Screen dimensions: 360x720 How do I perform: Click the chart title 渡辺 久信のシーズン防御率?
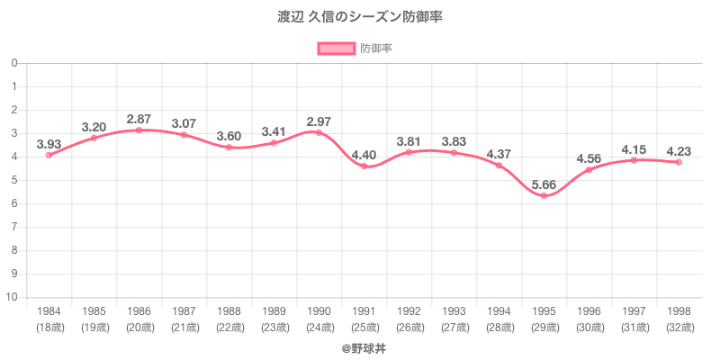360,16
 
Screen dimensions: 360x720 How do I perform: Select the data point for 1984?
49,155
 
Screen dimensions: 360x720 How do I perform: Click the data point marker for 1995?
544,195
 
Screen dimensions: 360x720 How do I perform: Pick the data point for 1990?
319,132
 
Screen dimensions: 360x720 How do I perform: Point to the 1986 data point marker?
139,130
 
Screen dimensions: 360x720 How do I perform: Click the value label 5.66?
544,186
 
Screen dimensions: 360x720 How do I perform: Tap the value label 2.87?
139,119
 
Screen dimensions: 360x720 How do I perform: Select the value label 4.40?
364,154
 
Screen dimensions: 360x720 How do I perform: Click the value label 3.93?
49,144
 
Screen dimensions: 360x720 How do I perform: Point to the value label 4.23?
679,150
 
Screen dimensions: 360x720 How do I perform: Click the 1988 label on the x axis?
229,311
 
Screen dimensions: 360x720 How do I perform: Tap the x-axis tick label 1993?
454,311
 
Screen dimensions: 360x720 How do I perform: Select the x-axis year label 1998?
679,311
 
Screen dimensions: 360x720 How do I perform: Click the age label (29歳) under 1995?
544,327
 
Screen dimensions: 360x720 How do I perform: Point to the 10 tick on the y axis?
13,297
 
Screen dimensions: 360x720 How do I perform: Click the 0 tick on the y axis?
15,63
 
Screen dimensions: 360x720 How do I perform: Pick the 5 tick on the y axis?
15,180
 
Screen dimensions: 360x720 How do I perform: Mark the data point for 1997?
634,160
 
